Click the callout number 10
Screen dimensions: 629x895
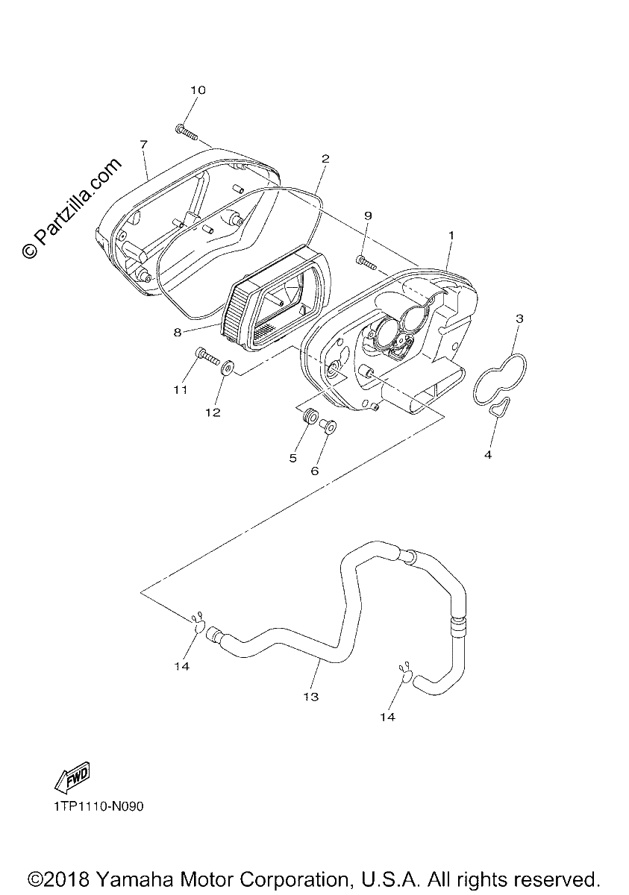tap(198, 90)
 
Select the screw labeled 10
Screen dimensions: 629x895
tap(187, 133)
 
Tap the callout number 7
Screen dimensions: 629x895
tap(143, 144)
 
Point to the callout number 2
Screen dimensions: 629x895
tap(325, 159)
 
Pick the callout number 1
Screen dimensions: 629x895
tap(451, 236)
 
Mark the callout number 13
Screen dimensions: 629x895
tap(311, 697)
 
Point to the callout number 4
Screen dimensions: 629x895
tap(487, 455)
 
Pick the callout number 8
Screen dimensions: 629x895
tap(178, 332)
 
